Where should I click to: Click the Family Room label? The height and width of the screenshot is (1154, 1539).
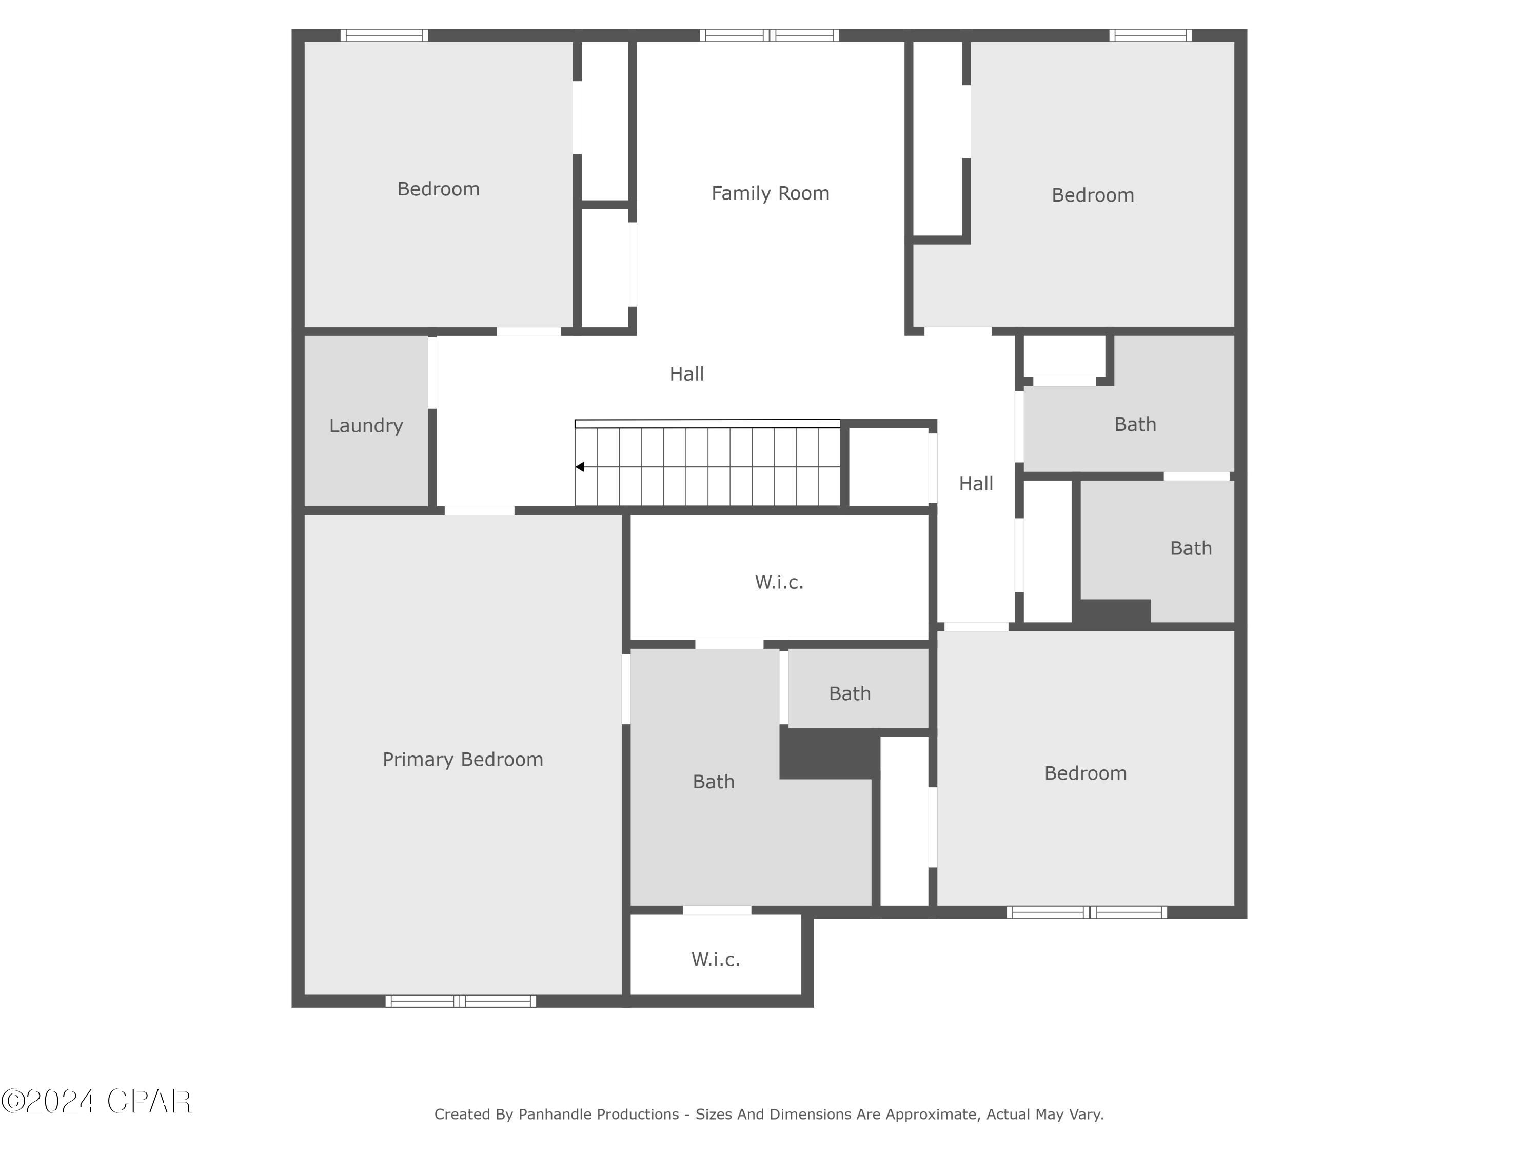tap(769, 193)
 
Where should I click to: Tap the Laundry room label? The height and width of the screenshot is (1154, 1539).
tap(366, 426)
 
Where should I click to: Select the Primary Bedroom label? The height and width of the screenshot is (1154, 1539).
tap(463, 759)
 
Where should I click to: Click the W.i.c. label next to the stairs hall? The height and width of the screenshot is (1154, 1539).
tap(779, 582)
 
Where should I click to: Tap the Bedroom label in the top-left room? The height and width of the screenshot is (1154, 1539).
tap(438, 189)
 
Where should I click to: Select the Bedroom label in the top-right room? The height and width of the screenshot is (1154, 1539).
tap(1092, 195)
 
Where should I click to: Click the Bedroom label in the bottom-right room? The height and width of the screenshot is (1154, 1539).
tap(1086, 773)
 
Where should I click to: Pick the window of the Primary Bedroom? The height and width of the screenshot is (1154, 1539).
tap(461, 1001)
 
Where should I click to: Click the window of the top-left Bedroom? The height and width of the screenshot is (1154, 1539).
tap(384, 35)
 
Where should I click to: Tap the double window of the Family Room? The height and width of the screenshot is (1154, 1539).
tap(769, 35)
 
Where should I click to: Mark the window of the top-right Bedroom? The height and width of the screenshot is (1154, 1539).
tap(1150, 35)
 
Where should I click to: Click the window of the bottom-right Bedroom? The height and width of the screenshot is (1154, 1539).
tap(1087, 912)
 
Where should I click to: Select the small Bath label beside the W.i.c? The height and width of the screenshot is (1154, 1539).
tap(850, 693)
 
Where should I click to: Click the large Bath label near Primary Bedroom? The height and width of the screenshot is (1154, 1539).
tap(713, 782)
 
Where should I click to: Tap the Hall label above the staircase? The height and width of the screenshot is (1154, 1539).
tap(687, 374)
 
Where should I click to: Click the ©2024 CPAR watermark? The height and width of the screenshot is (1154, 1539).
tap(96, 1101)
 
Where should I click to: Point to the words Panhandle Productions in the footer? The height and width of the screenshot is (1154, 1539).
tap(598, 1115)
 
